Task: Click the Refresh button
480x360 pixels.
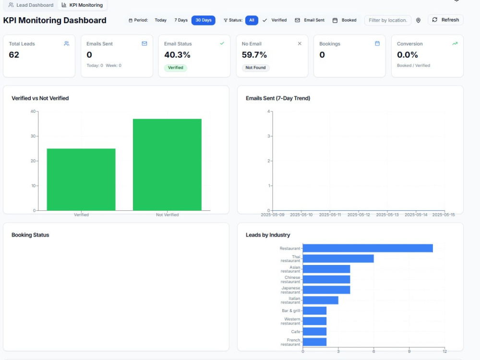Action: coord(445,20)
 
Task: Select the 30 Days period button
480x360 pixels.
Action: coord(203,20)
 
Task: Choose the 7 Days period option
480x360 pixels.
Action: coord(181,20)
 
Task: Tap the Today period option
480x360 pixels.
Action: coord(160,20)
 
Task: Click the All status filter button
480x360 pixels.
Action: coord(252,20)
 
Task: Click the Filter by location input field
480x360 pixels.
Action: coord(388,20)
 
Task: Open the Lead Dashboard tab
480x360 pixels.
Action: coord(31,5)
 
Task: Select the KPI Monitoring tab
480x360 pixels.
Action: coord(82,5)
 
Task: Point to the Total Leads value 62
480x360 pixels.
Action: coord(14,55)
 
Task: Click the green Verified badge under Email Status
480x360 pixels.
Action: coord(175,68)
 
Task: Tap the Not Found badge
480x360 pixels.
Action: coord(255,68)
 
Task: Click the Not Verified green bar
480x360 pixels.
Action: coord(167,165)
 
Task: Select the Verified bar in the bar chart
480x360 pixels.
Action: coord(81,180)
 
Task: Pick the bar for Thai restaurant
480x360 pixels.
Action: coord(338,259)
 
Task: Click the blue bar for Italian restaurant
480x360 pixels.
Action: coord(321,300)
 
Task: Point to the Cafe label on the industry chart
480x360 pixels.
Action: coord(295,332)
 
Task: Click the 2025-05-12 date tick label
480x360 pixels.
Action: coord(359,215)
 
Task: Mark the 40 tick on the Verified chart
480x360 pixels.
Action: coord(33,111)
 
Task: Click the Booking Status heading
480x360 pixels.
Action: coord(30,235)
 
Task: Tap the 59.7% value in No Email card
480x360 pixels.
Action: coord(254,55)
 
